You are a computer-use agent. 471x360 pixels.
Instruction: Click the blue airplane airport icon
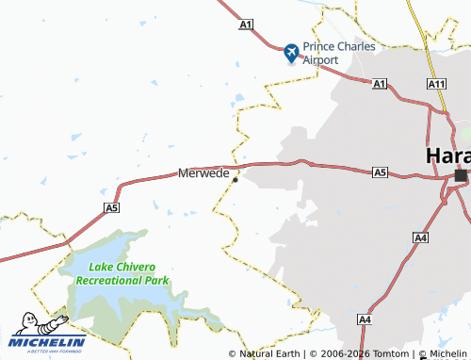(x=291, y=53)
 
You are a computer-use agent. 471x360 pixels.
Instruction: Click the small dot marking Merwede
(x=235, y=180)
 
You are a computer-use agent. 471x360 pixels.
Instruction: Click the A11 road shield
(x=435, y=85)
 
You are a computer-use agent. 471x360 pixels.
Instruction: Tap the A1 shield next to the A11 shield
(x=380, y=85)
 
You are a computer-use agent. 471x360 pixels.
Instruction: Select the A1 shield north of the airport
(x=247, y=24)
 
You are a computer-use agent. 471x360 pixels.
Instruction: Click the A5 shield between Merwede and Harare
(x=380, y=172)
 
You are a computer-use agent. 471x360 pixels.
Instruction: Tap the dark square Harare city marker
(x=461, y=175)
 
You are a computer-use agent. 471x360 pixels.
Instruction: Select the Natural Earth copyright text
(x=264, y=353)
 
